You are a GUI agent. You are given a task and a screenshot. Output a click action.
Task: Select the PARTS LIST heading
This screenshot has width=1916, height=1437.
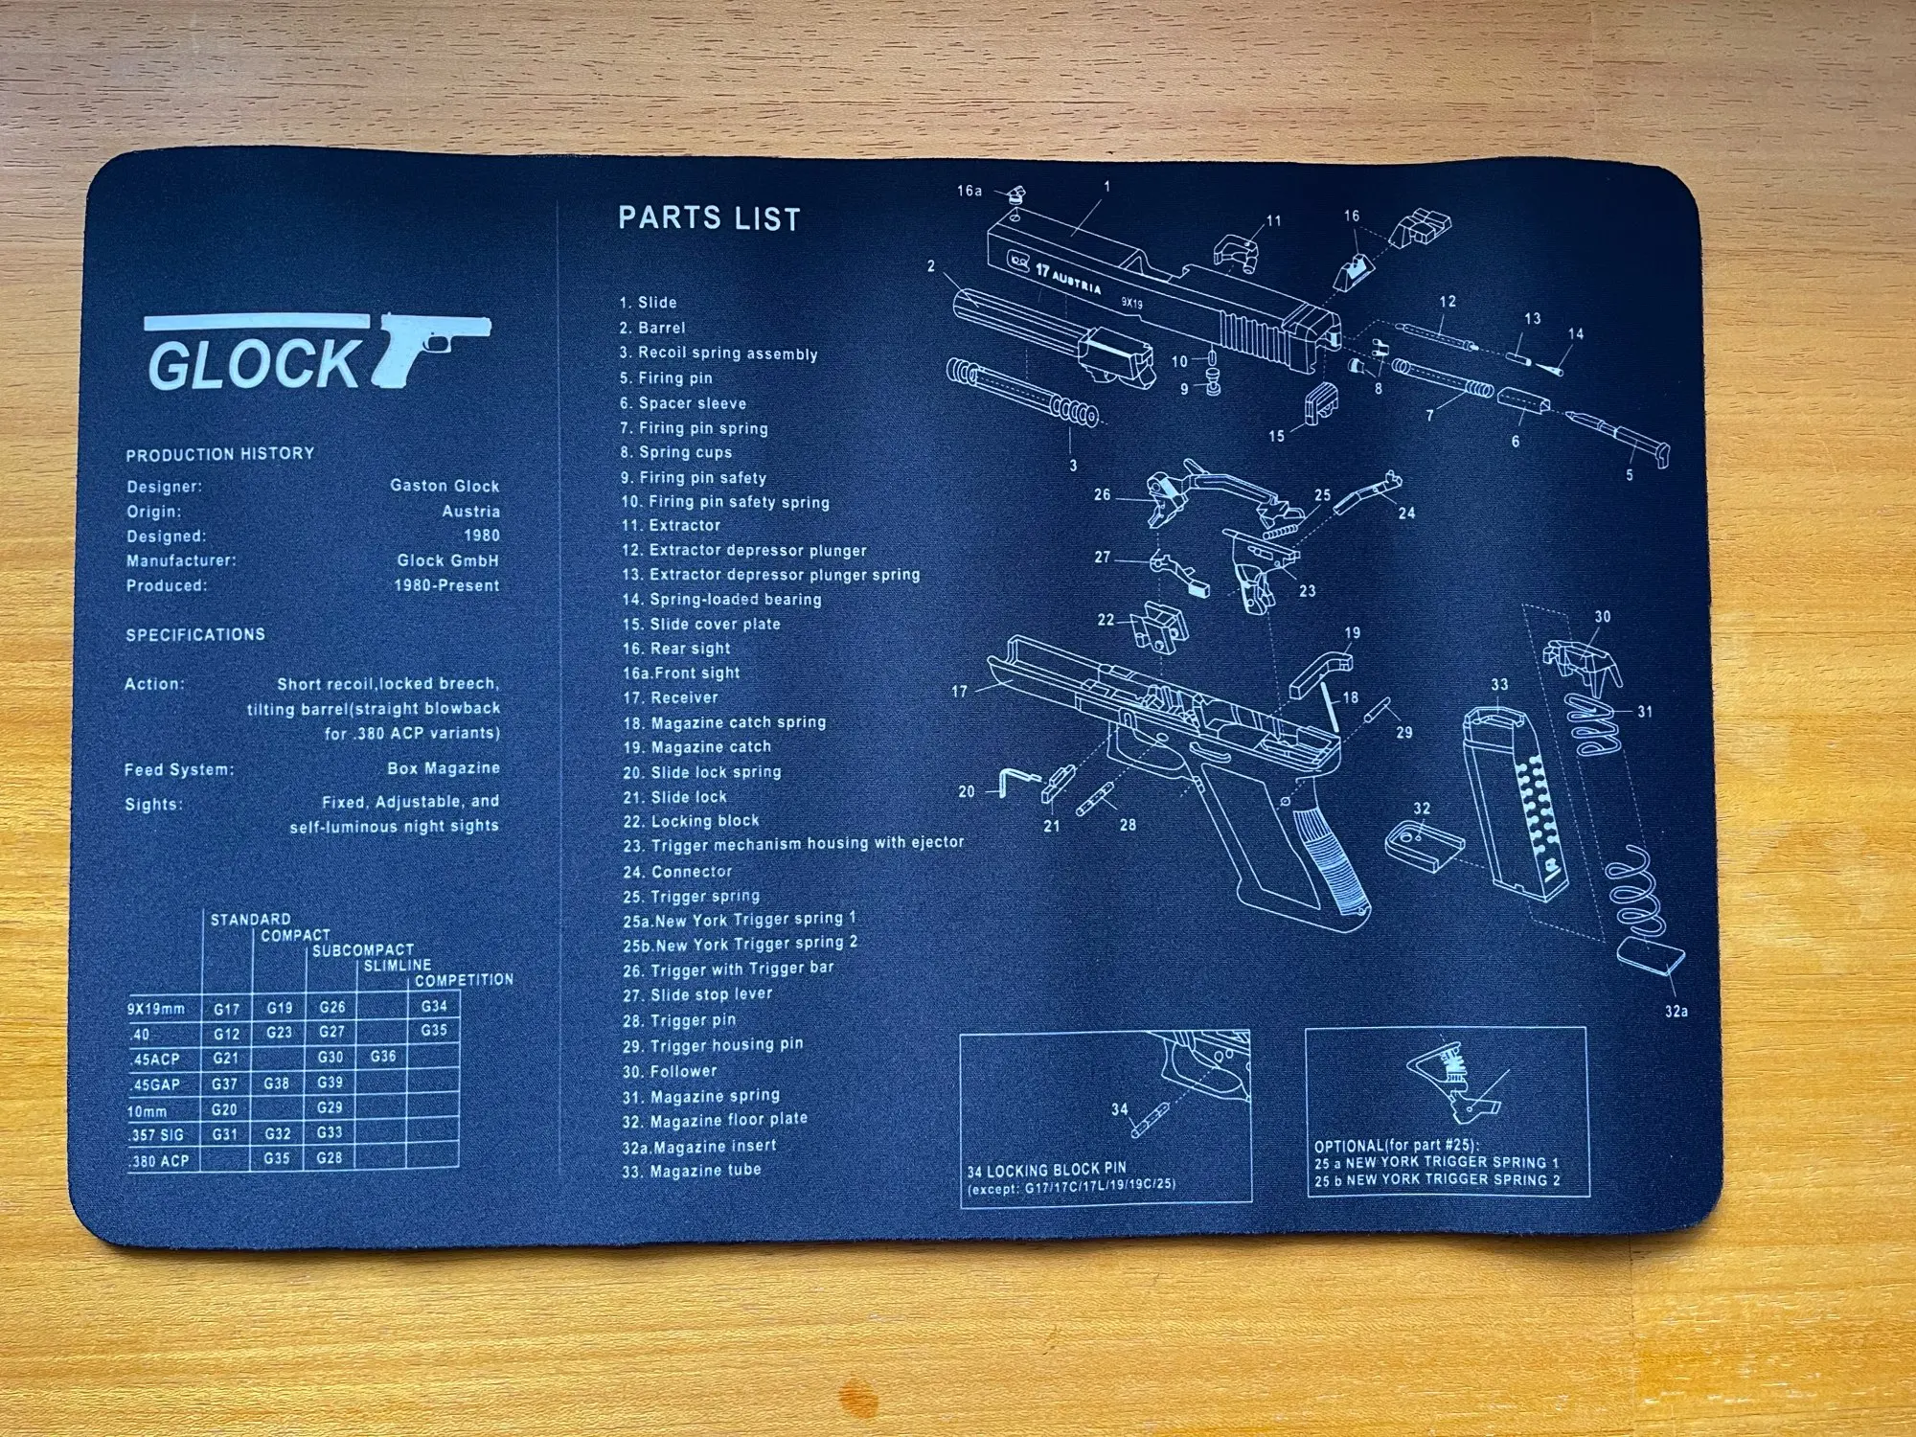(x=709, y=219)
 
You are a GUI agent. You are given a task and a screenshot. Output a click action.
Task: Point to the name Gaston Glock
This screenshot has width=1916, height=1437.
(x=445, y=486)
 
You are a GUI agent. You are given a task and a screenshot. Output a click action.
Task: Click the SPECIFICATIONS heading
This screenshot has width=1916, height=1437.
(x=195, y=635)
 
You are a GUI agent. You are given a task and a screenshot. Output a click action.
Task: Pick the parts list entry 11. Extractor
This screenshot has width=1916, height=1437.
(x=672, y=525)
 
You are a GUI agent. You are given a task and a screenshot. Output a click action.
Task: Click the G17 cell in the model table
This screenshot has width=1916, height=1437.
(x=227, y=1009)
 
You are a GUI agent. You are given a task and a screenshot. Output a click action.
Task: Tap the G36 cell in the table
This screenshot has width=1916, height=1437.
(x=383, y=1057)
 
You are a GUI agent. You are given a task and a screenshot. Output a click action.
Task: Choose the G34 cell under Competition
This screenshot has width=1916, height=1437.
(x=434, y=1007)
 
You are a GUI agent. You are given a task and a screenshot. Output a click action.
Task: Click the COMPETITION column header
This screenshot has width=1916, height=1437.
(x=464, y=980)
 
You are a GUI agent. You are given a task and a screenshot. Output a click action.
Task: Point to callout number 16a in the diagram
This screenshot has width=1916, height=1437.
(x=969, y=191)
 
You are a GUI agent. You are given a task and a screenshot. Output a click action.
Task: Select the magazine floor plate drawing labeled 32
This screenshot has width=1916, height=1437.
(x=1425, y=846)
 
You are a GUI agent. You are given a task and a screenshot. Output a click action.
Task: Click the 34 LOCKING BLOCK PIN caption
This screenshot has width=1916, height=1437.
(x=1046, y=1170)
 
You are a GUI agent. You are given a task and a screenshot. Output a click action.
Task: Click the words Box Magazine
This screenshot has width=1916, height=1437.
(x=444, y=768)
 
